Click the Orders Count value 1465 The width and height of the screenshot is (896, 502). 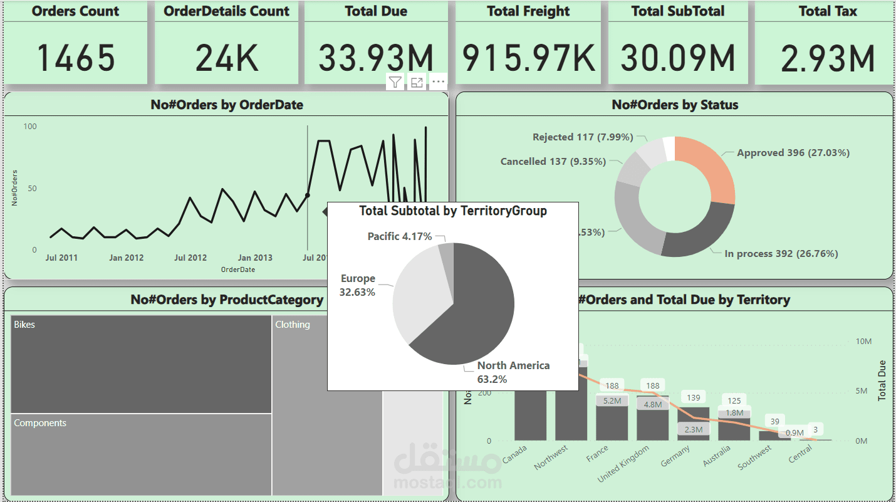point(75,57)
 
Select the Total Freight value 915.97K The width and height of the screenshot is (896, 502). point(528,57)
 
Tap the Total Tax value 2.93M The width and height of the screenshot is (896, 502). point(827,57)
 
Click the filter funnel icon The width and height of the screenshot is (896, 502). point(395,82)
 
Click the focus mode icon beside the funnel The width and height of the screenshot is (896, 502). point(417,82)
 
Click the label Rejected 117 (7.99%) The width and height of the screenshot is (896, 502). point(582,137)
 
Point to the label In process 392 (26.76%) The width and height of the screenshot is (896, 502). point(781,254)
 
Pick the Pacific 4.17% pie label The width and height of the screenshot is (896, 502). point(400,236)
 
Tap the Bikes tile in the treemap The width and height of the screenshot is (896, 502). point(141,363)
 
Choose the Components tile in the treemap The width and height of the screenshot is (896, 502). point(141,454)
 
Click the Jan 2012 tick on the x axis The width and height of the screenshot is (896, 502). point(126,258)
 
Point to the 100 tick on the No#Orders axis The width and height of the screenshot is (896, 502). point(30,127)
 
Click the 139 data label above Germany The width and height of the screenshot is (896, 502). point(693,397)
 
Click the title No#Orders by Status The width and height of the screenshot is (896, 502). point(675,105)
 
